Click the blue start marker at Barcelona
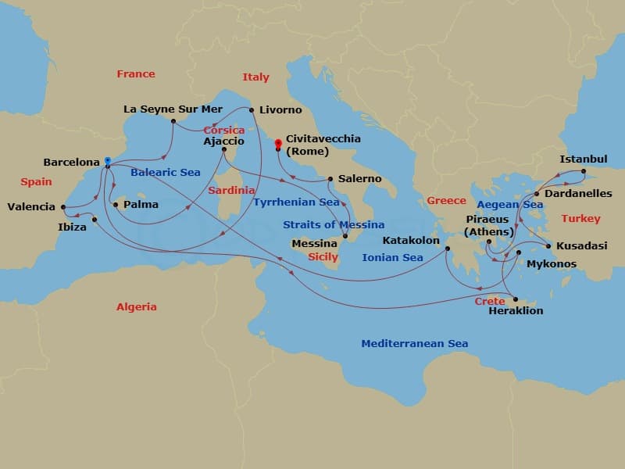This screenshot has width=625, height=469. [x=107, y=160]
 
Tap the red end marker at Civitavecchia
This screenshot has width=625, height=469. [x=277, y=143]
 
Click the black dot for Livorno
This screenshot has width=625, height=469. [x=252, y=110]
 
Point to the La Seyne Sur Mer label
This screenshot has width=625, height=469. [x=173, y=109]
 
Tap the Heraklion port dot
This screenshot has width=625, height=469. [x=516, y=299]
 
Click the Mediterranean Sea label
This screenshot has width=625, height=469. [x=414, y=343]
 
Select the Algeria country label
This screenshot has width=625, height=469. [x=136, y=307]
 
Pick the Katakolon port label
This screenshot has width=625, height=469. [x=411, y=241]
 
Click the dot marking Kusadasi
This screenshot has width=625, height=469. [x=548, y=246]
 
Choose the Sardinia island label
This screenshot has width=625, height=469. [x=232, y=190]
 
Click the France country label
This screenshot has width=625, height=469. [x=136, y=74]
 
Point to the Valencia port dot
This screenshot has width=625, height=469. [x=62, y=207]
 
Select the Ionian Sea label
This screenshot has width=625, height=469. [x=392, y=257]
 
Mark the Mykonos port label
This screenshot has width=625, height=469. [x=552, y=264]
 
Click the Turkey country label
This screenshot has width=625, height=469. [x=580, y=219]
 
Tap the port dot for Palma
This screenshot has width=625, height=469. [x=116, y=205]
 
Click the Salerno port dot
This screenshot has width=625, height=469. [x=330, y=179]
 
